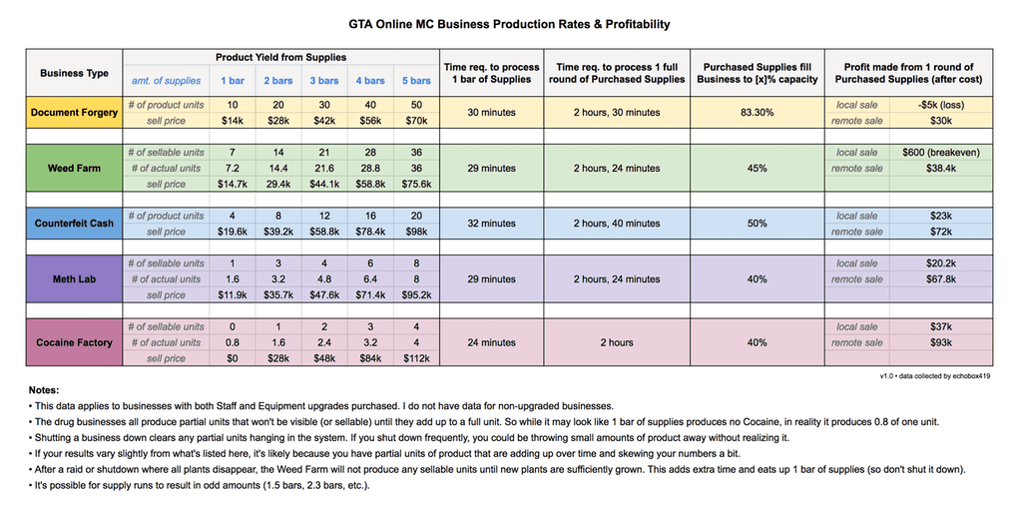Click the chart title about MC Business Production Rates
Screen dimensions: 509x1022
510,24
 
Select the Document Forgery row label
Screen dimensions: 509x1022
74,113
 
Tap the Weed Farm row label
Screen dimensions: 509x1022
74,169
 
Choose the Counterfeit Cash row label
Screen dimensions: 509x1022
74,224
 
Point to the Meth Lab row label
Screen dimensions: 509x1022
74,279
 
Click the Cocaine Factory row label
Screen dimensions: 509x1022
74,342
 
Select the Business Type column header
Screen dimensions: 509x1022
74,73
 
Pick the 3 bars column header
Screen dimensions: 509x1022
324,81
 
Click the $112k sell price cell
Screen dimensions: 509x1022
416,358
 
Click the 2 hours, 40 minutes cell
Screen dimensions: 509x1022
616,224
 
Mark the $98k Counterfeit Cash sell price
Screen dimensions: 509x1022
416,232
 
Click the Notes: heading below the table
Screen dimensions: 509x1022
45,390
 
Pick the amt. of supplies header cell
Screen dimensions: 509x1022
166,81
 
